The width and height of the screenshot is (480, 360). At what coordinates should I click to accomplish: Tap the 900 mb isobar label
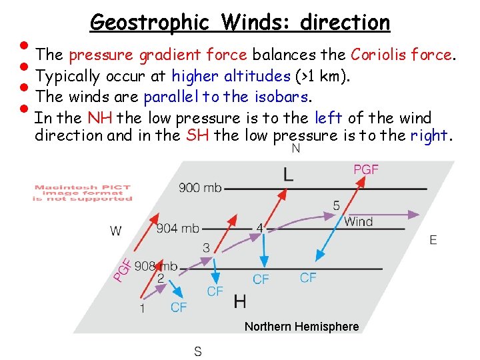[x=201, y=188]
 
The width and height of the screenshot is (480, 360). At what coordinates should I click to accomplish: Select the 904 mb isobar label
[x=178, y=229]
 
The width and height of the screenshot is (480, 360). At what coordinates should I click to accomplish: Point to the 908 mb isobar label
[x=156, y=267]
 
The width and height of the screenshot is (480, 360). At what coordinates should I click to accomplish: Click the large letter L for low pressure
[x=288, y=175]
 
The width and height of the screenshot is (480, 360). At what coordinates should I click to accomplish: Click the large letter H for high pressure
[x=240, y=302]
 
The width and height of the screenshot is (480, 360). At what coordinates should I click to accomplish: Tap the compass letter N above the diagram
[x=296, y=149]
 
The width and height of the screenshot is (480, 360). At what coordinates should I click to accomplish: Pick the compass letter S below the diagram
[x=198, y=351]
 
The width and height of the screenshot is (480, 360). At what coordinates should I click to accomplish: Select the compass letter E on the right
[x=433, y=240]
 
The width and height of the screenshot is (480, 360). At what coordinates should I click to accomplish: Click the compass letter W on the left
[x=116, y=231]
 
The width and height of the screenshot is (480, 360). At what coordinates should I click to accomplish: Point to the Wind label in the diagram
[x=359, y=222]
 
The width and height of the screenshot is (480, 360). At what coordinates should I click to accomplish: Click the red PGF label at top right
[x=366, y=170]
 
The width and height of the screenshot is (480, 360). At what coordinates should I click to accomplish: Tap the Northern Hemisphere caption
[x=301, y=327]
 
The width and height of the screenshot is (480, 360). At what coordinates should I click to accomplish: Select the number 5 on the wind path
[x=336, y=205]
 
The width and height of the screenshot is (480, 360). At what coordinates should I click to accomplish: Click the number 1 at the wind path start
[x=142, y=308]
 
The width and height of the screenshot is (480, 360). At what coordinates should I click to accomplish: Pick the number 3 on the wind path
[x=206, y=248]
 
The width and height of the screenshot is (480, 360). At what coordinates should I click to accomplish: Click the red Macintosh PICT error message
[x=83, y=193]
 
